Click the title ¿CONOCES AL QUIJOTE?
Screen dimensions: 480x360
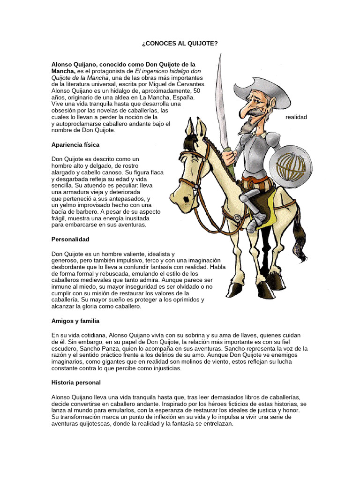[180, 43]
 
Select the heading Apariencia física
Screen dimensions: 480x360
[75, 145]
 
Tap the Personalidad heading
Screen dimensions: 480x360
[70, 239]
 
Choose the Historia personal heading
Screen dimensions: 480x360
[76, 382]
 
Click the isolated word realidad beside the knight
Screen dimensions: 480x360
[296, 117]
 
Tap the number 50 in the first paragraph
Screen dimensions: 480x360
[197, 90]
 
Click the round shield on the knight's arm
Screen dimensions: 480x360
[290, 164]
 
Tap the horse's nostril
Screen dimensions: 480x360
[187, 200]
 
